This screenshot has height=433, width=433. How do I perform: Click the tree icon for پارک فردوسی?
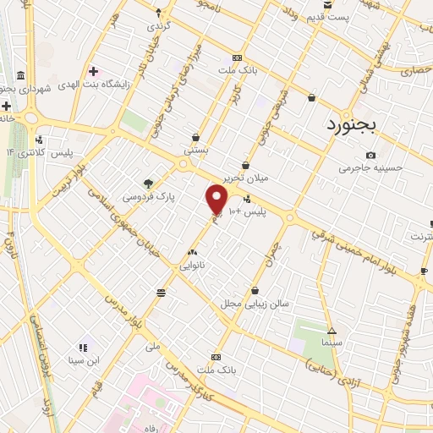(149, 182)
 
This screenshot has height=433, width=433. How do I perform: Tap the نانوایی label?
(190, 265)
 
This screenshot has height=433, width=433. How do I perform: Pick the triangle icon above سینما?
(332, 331)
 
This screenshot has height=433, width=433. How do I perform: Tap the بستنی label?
(197, 149)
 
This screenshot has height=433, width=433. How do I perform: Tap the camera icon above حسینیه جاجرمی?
(370, 155)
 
